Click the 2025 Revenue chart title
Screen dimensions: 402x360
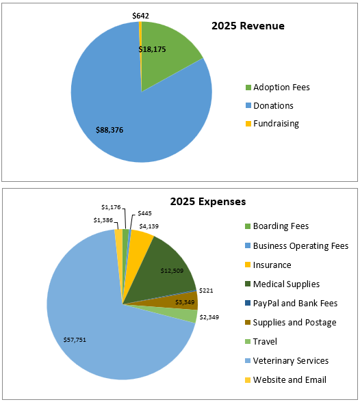[247, 26]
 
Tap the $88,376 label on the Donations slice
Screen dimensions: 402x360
[110, 129]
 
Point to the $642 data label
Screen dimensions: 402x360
[140, 15]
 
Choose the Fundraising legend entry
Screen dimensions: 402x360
[276, 124]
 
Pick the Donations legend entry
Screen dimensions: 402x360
[273, 105]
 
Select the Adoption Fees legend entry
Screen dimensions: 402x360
[281, 88]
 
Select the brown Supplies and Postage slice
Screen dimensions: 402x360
[185, 301]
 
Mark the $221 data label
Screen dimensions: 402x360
[207, 291]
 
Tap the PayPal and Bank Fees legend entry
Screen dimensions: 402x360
[294, 303]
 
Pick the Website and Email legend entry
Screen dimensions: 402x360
[290, 379]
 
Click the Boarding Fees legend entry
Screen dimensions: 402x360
[281, 226]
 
